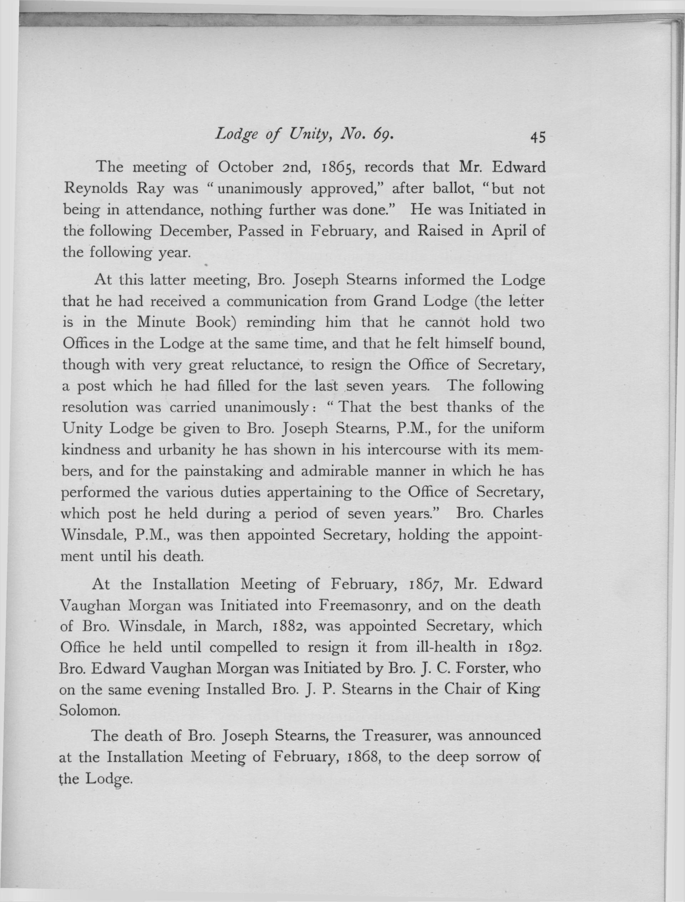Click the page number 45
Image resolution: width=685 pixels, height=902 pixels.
pyautogui.click(x=537, y=138)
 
